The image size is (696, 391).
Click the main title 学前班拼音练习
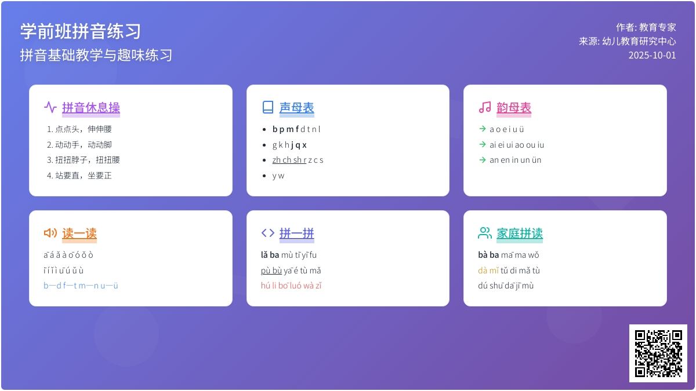coord(81,31)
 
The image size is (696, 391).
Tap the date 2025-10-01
coord(652,55)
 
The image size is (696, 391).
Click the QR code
coord(658,353)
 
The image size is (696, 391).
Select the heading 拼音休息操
coord(91,108)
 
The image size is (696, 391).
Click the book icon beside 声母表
coord(268,107)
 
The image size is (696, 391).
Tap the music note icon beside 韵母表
coord(485,107)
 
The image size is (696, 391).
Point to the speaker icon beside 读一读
coord(50,233)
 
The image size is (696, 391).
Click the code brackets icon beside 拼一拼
coord(268,233)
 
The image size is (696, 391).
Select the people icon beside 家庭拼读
coord(485,233)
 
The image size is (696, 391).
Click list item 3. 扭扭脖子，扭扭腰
coord(84,160)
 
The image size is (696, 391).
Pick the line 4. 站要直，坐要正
coord(79,176)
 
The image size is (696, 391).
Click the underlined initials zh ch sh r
coord(289,160)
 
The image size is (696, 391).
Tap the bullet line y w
coord(278,176)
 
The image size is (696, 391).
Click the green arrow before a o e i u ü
coord(483,129)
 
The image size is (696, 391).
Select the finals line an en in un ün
coord(516,160)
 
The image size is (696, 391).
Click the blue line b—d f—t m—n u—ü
coord(81,286)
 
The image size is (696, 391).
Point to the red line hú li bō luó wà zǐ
coord(291,286)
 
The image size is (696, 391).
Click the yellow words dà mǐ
coord(488,271)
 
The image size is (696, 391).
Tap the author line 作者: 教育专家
coord(646,27)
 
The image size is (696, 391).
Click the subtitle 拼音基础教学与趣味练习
coord(96,55)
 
